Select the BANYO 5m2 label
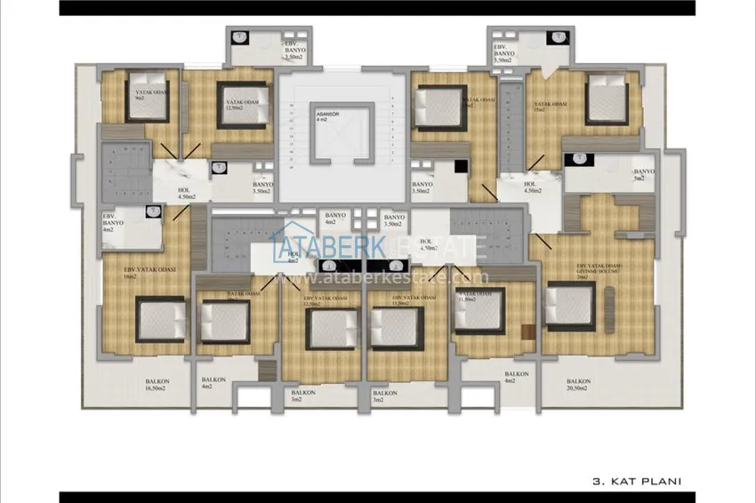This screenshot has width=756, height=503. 643,175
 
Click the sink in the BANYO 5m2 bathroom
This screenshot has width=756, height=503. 578,160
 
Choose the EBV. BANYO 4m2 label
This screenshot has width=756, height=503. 111,223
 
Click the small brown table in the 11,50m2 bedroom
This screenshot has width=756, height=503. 527,332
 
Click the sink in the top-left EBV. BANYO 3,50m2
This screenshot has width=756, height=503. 240,39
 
